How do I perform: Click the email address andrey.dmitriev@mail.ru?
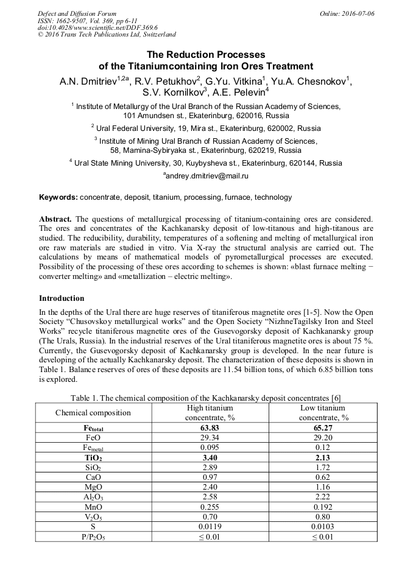click(206, 175)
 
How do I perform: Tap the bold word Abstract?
click(55, 218)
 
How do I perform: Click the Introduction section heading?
click(62, 298)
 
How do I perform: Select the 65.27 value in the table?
click(322, 428)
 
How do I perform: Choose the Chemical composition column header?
click(93, 413)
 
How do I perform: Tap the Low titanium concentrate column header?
click(322, 413)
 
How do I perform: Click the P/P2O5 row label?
click(93, 537)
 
